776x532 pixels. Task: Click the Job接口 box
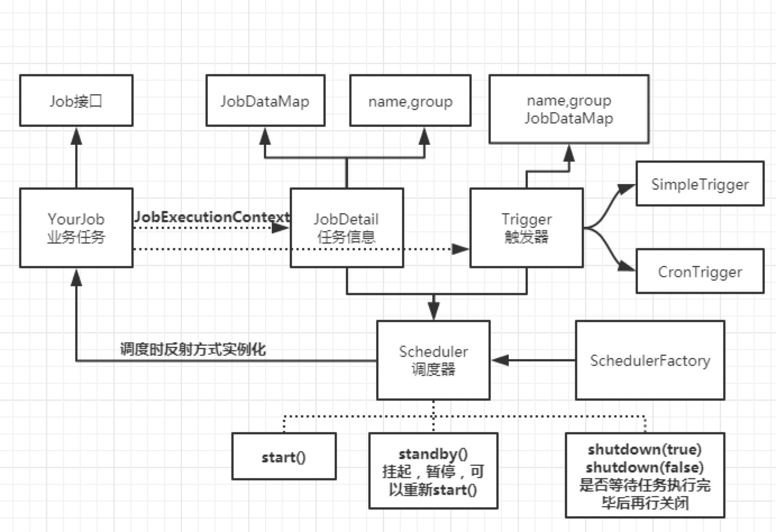[x=76, y=100]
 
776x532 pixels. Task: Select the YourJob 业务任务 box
[x=76, y=227]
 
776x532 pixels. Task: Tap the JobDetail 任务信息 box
[x=346, y=227]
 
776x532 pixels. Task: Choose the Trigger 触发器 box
[x=526, y=227]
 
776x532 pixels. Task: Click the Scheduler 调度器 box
[x=433, y=360]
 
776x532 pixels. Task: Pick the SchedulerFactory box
[x=650, y=360]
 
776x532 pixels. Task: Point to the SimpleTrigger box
[x=700, y=184]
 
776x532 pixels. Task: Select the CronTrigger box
[x=700, y=272]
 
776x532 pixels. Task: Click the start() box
[x=284, y=456]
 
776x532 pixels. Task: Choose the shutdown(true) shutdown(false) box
[x=645, y=475]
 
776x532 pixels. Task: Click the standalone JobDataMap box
[x=265, y=100]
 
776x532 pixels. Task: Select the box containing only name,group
[x=410, y=100]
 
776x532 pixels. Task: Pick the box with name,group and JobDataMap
[x=569, y=109]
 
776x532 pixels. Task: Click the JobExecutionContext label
[x=212, y=217]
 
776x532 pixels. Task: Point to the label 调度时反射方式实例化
[x=193, y=349]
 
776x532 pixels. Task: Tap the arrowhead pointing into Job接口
[x=76, y=136]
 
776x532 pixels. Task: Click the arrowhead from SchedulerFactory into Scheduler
[x=500, y=360]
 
